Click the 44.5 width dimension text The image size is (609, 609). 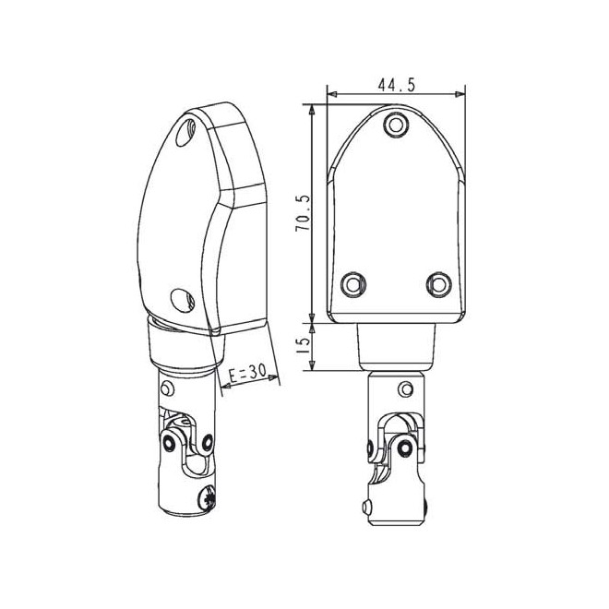pos(396,85)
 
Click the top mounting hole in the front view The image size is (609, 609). pos(397,123)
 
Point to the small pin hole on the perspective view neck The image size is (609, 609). pos(167,386)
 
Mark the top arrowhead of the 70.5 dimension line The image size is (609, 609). pos(313,109)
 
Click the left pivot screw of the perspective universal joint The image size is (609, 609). pos(169,444)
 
